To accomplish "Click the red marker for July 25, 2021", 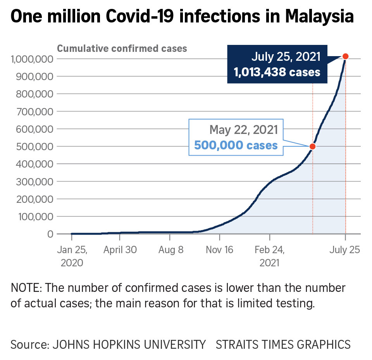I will pos(345,57).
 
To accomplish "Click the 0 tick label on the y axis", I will pos(50,234).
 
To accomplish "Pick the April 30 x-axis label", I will pos(120,250).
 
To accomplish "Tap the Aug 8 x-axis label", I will pos(171,250).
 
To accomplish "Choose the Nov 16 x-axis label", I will pos(220,250).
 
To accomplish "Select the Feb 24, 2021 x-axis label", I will pos(269,256).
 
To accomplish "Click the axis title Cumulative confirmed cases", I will pos(122,49).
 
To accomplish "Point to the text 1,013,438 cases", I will pos(277,72).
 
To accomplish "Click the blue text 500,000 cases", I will pos(236,145).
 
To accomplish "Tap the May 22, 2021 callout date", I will pos(243,130).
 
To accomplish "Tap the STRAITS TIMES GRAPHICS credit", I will pos(283,344).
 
